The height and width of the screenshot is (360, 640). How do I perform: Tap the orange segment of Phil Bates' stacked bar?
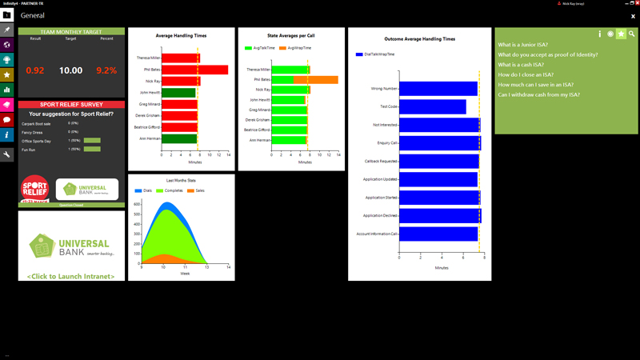point(315,80)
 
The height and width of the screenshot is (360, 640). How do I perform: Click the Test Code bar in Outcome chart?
point(432,106)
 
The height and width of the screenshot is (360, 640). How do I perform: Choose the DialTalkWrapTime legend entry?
point(377,54)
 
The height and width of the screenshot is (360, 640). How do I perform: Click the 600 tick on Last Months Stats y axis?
point(137,204)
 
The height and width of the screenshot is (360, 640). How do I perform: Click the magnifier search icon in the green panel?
point(631,34)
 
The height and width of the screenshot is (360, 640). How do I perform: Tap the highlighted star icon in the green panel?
point(621,34)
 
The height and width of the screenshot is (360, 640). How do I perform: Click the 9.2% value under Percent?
point(106,70)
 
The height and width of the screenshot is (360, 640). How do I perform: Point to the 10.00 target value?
point(70,70)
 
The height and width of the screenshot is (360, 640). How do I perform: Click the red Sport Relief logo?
point(34,189)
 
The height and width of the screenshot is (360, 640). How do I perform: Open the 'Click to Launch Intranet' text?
point(71,276)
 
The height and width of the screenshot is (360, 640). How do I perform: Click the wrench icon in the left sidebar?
point(7,154)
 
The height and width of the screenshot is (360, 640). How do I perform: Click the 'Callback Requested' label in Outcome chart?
point(381,161)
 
